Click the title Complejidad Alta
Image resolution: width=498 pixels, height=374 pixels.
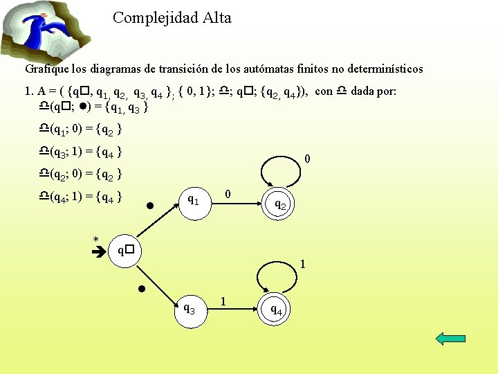[172, 18]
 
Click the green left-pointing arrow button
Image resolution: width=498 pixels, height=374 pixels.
[452, 338]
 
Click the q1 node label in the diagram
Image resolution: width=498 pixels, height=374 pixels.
[194, 200]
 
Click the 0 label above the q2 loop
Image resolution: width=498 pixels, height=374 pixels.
[306, 160]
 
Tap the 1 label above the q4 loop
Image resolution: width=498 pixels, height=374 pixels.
[302, 264]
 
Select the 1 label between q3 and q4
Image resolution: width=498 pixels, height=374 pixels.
[223, 301]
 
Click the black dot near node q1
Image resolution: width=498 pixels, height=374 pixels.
[149, 206]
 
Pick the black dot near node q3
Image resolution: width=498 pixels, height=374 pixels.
[140, 288]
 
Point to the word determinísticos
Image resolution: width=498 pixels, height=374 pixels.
[385, 69]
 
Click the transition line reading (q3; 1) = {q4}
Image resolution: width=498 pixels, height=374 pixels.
[82, 151]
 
